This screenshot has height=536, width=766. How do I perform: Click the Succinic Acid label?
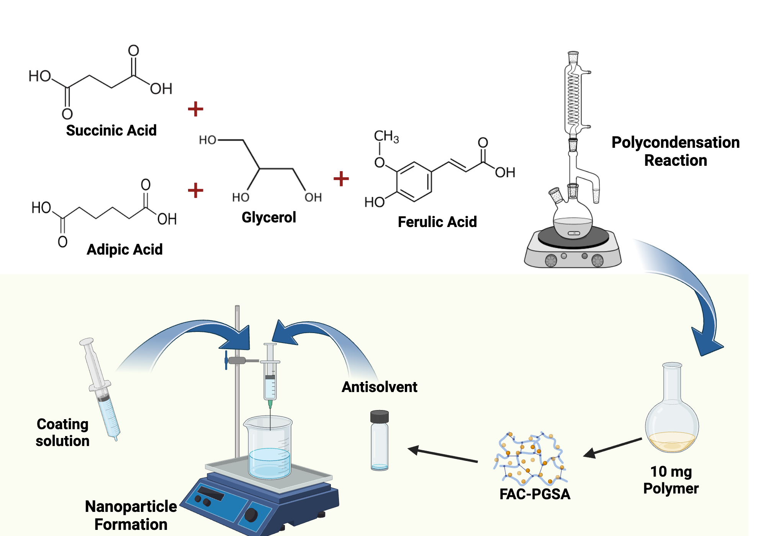111,131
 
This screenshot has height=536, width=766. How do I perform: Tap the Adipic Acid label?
124,250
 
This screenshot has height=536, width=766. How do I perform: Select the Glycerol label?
269,217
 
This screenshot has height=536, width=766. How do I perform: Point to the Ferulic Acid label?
437,222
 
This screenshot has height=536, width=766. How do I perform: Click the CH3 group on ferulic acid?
386,136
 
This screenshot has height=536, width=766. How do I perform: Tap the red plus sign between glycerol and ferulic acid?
341,179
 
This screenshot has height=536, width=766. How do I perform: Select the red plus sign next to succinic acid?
195,109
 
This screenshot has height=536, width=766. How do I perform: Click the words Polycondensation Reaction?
675,151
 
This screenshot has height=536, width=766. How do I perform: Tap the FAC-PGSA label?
535,494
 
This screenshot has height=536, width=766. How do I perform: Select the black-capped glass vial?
380,440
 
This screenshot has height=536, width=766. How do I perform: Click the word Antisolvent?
379,387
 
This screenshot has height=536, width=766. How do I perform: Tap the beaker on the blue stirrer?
269,448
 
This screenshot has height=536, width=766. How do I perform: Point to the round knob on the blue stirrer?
251,515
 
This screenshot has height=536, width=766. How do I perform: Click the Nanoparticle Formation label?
131,515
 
